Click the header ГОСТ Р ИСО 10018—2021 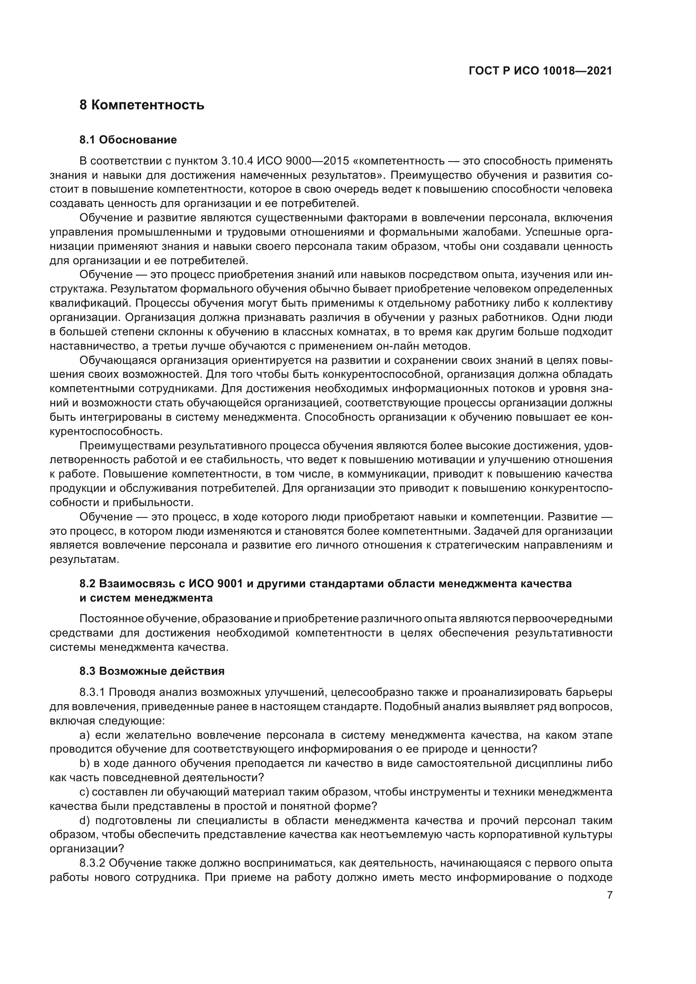click(540, 71)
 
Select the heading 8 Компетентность click(142, 105)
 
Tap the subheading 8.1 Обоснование click(128, 140)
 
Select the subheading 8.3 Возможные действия click(152, 671)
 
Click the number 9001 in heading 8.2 click(230, 584)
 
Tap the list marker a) click(85, 735)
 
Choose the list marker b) click(85, 763)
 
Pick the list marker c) click(84, 792)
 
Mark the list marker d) click(85, 821)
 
